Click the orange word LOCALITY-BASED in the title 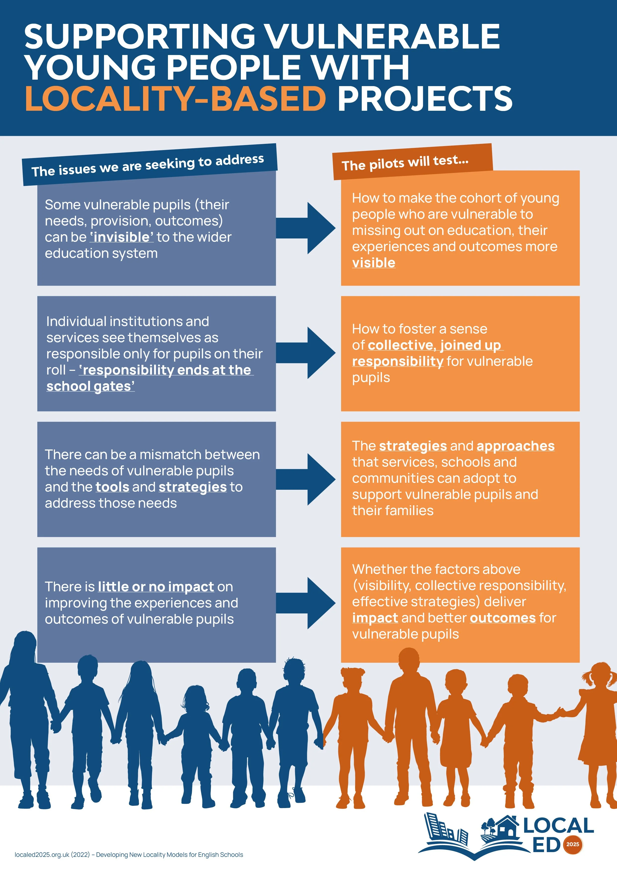click(x=175, y=99)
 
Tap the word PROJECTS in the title click(x=425, y=99)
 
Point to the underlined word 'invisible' click(x=122, y=237)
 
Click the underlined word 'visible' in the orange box click(x=373, y=263)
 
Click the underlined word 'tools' click(x=112, y=487)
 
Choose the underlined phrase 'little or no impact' click(x=156, y=587)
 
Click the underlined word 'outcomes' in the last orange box click(x=503, y=618)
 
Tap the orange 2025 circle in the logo click(x=572, y=844)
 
